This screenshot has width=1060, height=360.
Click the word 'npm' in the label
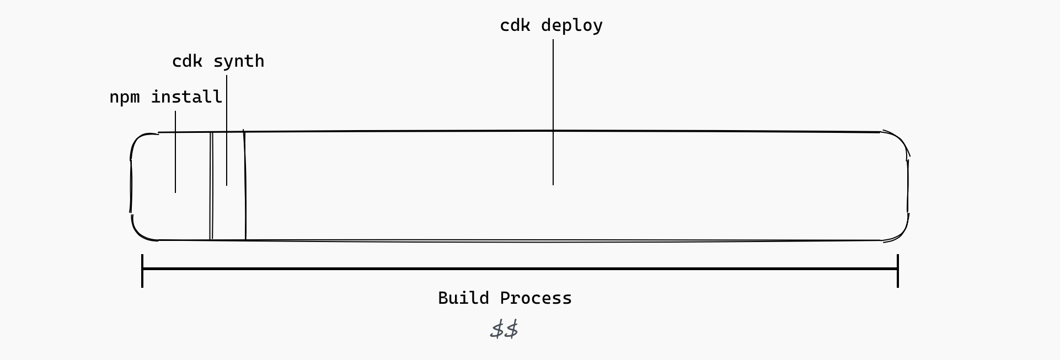coord(125,98)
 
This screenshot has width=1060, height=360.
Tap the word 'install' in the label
coord(186,97)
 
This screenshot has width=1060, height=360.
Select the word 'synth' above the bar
coord(239,61)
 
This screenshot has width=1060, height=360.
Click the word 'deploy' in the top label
coord(572,25)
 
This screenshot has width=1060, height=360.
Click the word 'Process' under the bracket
coord(536,298)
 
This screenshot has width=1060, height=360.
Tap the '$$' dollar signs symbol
coord(504,330)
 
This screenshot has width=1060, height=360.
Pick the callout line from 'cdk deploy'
coord(553,110)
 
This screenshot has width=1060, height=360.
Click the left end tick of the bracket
coord(142,270)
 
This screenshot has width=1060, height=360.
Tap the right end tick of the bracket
coord(898,270)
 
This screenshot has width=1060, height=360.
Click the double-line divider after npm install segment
coord(211,186)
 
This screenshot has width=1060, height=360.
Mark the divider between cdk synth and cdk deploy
coord(245,186)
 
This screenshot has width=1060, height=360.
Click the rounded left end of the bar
coord(132,186)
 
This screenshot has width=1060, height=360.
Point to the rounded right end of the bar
coord(908,186)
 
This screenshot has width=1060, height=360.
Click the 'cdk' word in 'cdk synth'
coord(188,61)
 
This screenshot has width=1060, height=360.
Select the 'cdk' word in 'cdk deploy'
coord(515,25)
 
